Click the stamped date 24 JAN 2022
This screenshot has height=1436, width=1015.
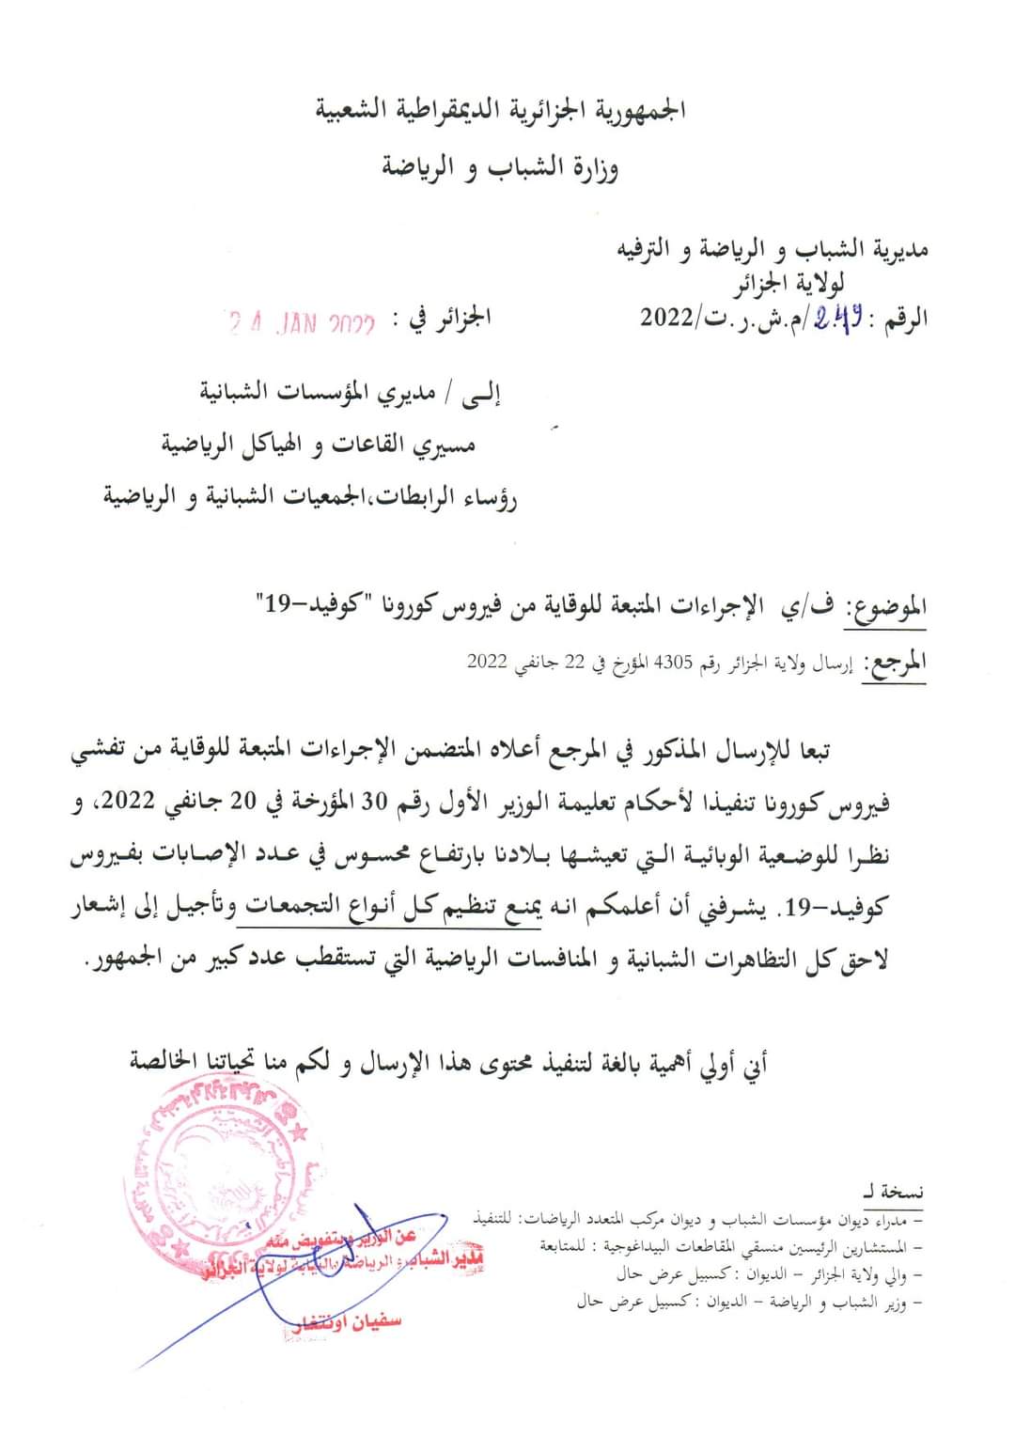point(302,324)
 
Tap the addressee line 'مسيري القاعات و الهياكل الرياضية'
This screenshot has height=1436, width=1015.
point(319,445)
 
